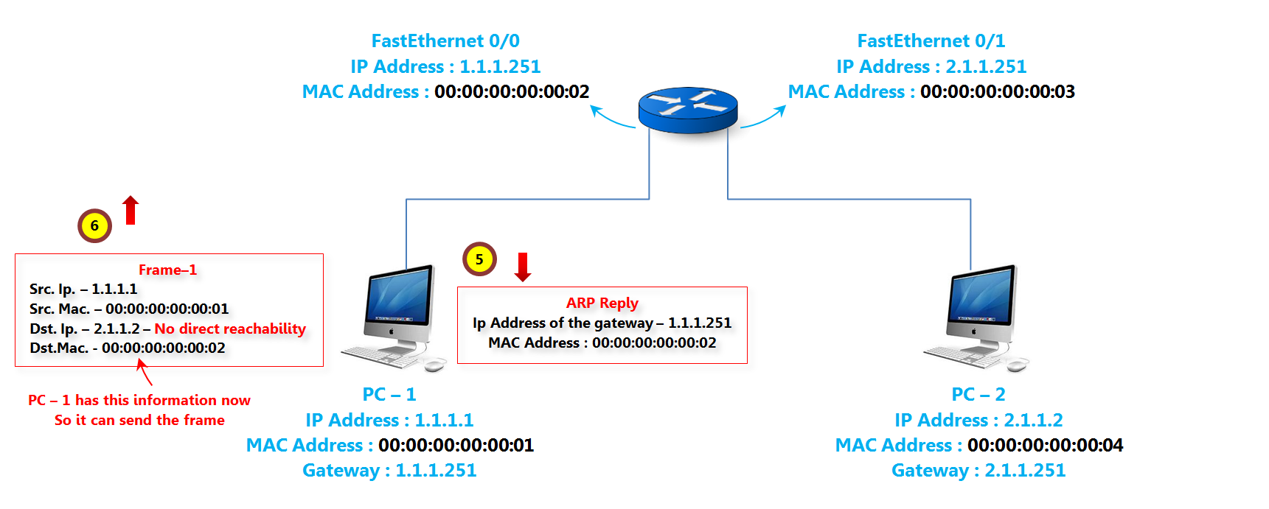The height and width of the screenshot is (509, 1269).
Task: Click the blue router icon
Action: [x=687, y=110]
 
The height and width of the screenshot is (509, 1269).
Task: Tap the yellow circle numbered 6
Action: [x=94, y=226]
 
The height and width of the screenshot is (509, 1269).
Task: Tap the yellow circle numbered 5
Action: [x=479, y=259]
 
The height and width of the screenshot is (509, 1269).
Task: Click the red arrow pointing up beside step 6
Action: [x=131, y=210]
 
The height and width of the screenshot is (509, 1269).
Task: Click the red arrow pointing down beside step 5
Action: [x=523, y=267]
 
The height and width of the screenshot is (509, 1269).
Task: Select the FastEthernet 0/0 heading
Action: [x=445, y=41]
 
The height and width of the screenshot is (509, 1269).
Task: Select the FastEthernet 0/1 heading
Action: [x=931, y=41]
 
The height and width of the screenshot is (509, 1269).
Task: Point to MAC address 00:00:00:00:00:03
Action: [x=997, y=92]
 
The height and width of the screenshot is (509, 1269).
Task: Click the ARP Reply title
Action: [x=602, y=303]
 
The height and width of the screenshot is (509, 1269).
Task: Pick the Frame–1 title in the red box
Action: [x=167, y=270]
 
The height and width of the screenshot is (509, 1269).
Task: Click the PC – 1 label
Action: [x=389, y=394]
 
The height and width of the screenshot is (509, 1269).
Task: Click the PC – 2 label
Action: [x=978, y=394]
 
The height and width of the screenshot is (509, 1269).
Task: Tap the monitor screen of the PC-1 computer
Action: [x=398, y=296]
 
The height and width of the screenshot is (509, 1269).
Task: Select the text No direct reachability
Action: [x=230, y=329]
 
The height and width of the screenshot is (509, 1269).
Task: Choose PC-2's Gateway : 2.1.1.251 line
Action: [x=978, y=470]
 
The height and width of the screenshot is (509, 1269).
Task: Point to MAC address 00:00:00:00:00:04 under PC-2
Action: [x=1045, y=445]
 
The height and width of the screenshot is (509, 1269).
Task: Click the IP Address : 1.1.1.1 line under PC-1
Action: [x=389, y=420]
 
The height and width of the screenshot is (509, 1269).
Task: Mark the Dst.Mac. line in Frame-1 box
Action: [x=128, y=348]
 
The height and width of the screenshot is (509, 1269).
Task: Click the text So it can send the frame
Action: [x=139, y=420]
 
